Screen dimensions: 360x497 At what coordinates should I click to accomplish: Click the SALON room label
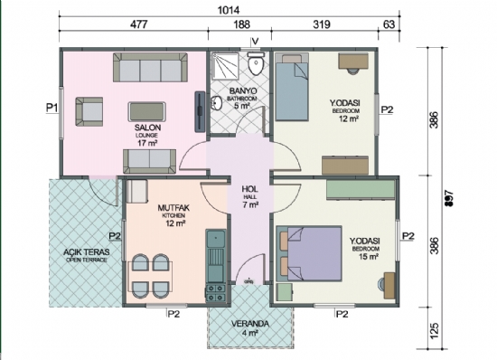point(146,128)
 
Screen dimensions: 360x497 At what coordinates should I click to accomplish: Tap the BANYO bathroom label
point(240,91)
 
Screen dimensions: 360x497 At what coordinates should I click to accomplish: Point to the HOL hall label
point(250,190)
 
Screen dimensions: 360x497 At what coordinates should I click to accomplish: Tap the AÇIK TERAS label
point(80,252)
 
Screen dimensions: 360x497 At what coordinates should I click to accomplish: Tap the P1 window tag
point(52,107)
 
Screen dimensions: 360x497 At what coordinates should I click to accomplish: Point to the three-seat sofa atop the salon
point(147,69)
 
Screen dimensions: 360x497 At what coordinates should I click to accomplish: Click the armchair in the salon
point(89,110)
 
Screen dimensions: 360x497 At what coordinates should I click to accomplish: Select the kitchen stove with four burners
point(216,293)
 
